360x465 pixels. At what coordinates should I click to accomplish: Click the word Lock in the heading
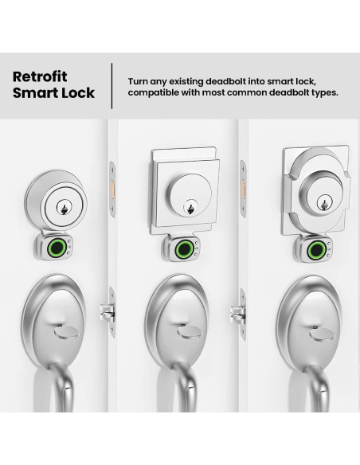(x=78, y=93)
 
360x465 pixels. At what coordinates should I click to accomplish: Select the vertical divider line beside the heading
(x=112, y=84)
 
